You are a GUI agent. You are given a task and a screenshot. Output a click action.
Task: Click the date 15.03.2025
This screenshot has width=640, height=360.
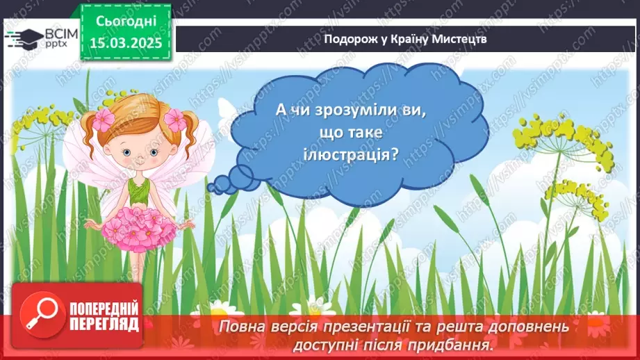click(x=126, y=42)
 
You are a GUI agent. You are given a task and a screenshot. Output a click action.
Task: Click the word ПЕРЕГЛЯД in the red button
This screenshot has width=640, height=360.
click(x=104, y=325)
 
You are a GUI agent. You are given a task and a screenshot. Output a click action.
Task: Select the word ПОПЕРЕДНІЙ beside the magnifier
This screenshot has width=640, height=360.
click(x=104, y=309)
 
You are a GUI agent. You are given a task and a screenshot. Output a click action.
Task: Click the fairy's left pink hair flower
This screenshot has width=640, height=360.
click(x=104, y=119)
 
